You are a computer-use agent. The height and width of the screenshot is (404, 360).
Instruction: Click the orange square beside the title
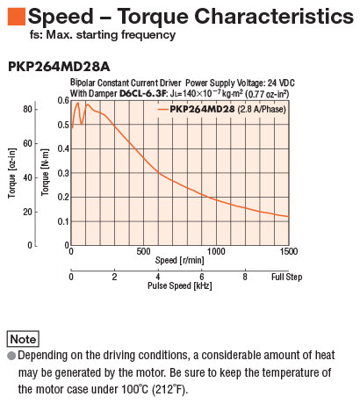tap(17, 17)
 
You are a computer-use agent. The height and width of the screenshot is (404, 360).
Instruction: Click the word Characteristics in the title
tap(274, 16)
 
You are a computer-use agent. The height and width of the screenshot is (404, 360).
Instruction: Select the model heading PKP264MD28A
tap(59, 67)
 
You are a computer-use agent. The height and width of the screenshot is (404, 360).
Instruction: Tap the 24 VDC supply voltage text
tap(281, 83)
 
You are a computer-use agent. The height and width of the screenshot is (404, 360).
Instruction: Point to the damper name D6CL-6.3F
tap(142, 94)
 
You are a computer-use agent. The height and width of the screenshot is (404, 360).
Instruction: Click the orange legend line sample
tap(163, 110)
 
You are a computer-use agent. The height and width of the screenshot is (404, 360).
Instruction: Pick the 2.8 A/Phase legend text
tap(262, 109)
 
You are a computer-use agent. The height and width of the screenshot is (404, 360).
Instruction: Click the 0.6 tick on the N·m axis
tap(63, 101)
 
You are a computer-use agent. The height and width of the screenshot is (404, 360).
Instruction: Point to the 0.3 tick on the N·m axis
tap(63, 173)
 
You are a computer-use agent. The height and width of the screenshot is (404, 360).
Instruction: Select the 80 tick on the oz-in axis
tap(27, 109)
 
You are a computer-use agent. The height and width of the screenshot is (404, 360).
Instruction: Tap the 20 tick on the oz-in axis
tap(27, 212)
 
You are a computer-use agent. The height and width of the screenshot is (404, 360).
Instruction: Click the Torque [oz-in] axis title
tap(11, 173)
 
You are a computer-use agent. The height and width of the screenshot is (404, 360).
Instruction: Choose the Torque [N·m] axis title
tap(45, 172)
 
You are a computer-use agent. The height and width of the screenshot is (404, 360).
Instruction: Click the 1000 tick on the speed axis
tap(216, 251)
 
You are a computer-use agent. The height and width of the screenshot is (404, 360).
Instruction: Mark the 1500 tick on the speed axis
tap(289, 251)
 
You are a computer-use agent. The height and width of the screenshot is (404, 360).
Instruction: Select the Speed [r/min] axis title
tap(180, 260)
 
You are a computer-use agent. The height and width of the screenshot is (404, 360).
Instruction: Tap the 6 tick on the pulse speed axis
tap(202, 277)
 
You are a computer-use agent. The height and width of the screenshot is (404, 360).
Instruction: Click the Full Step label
tap(286, 277)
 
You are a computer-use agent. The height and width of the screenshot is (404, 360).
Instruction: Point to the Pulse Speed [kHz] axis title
tap(180, 285)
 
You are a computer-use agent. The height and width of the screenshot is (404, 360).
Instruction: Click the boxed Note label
tap(23, 339)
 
